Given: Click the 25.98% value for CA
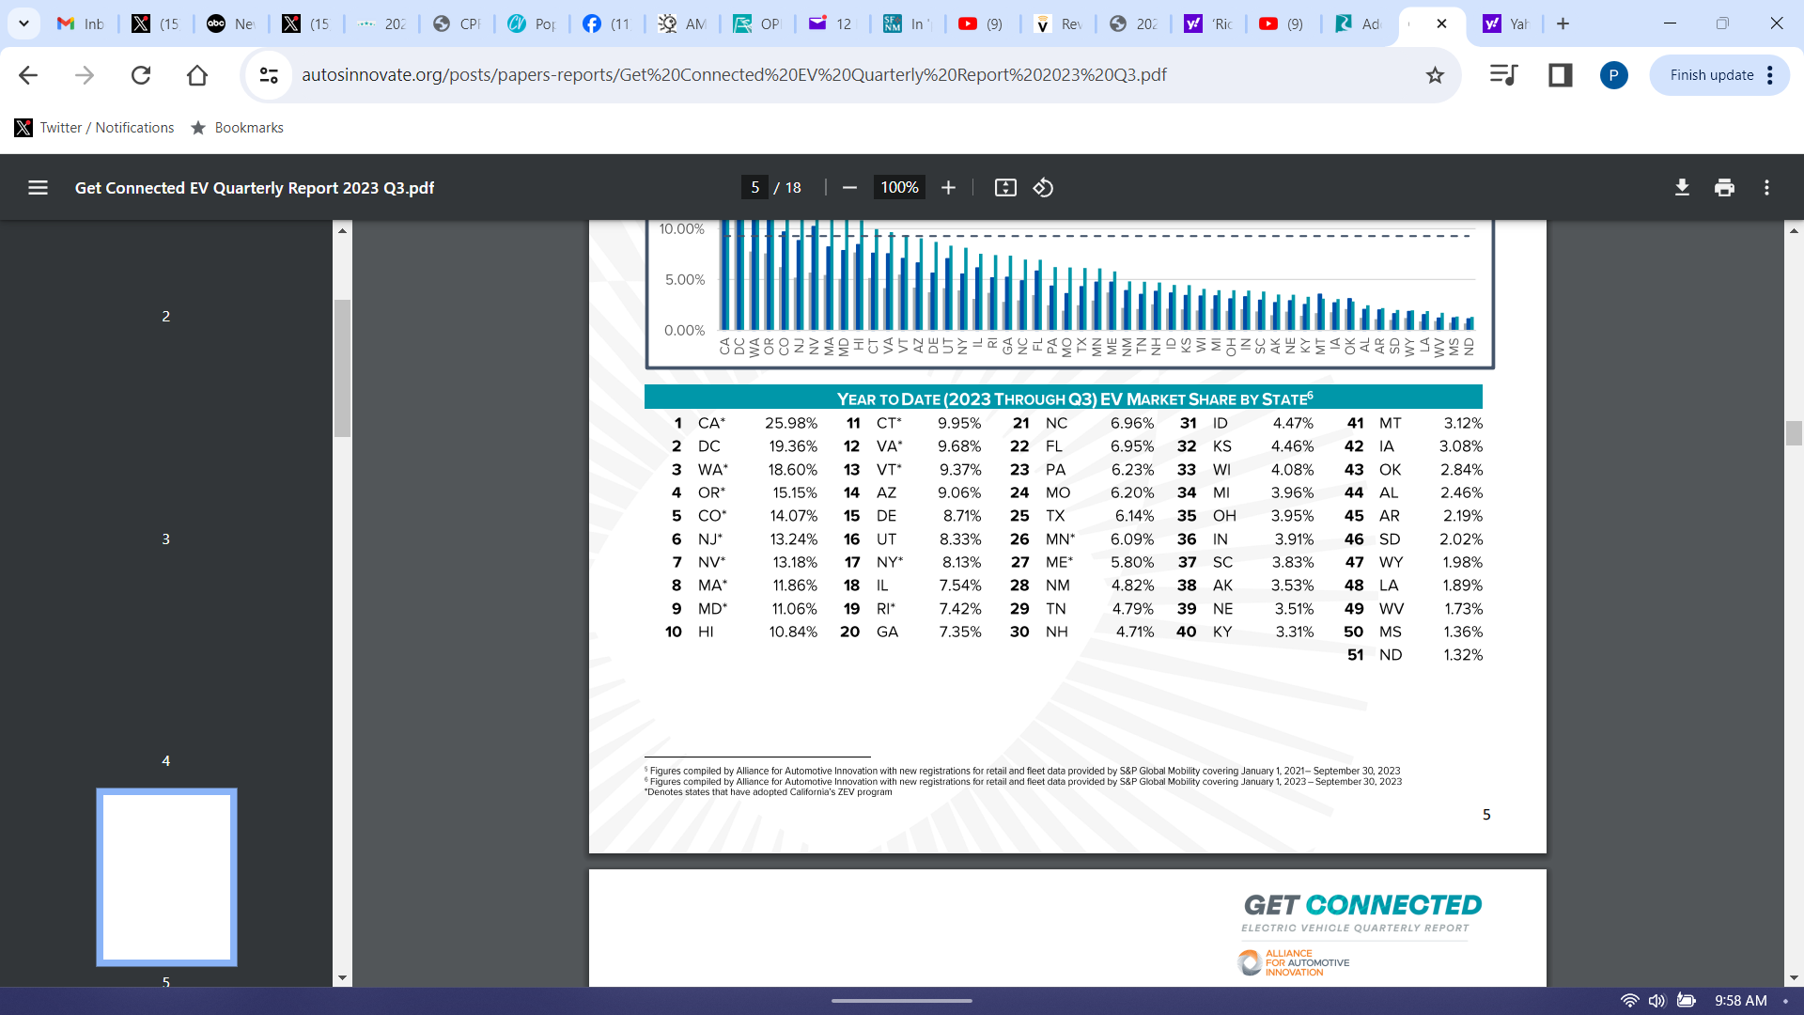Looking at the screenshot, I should tap(790, 423).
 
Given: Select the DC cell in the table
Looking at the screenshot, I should tap(708, 446).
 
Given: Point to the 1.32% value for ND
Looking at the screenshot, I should tap(1462, 655).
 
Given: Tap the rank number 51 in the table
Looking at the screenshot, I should tap(1355, 655).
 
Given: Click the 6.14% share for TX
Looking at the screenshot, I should tap(1133, 516).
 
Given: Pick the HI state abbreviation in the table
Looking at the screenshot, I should tap(706, 632).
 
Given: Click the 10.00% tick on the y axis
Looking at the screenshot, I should tap(681, 229).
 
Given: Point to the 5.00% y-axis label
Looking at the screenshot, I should tap(684, 280).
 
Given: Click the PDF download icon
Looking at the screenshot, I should tap(1682, 188).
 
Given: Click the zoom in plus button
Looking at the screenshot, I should tap(948, 188).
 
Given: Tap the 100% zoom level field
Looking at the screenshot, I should tap(898, 188).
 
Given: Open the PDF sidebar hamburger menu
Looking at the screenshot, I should tap(38, 188).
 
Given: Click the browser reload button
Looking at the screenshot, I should tap(141, 75).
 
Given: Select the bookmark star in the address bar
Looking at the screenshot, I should tap(1435, 75).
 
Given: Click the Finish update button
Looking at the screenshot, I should tap(1711, 75).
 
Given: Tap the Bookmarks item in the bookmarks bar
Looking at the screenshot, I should tap(248, 128).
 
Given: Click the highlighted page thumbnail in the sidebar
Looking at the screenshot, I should tap(166, 877).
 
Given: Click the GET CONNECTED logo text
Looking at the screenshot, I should tap(1362, 905).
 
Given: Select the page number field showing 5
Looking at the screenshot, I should tap(754, 188).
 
